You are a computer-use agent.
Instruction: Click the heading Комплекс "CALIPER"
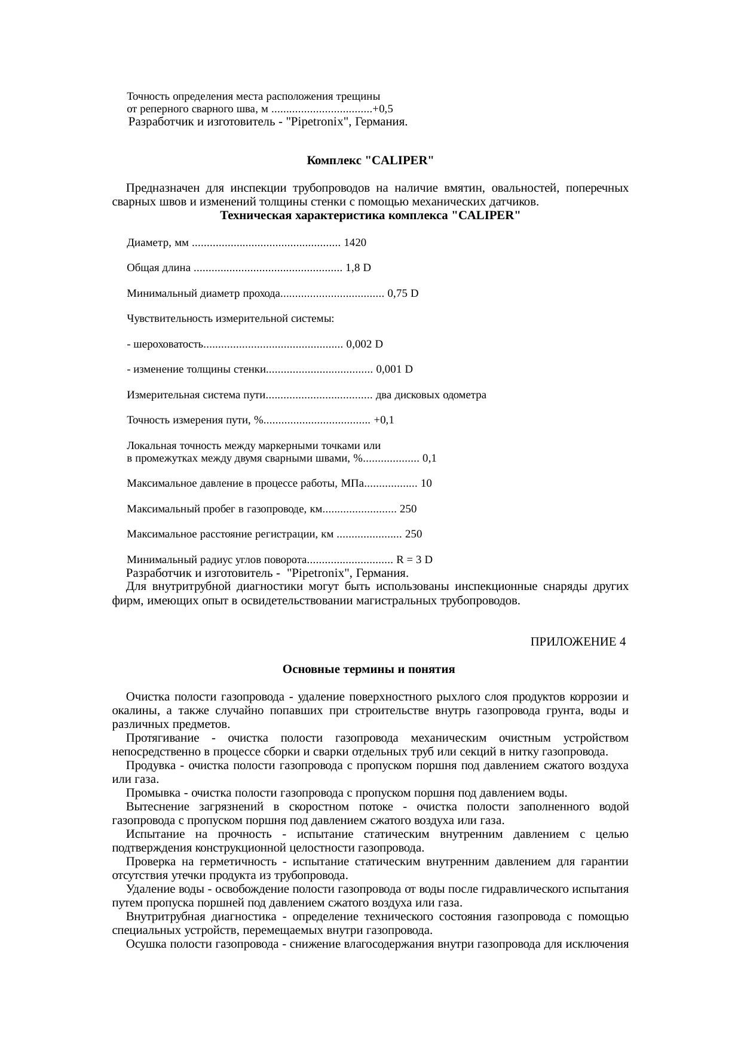pos(370,161)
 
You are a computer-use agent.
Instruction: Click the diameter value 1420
pos(355,243)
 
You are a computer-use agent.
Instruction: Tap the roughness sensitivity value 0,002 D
pos(365,344)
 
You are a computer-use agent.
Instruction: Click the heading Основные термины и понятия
pos(369,669)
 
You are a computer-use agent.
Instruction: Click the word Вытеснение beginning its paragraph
pos(156,807)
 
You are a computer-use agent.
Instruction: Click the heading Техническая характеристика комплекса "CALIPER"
pos(370,216)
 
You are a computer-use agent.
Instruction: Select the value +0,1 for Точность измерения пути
pos(383,420)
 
